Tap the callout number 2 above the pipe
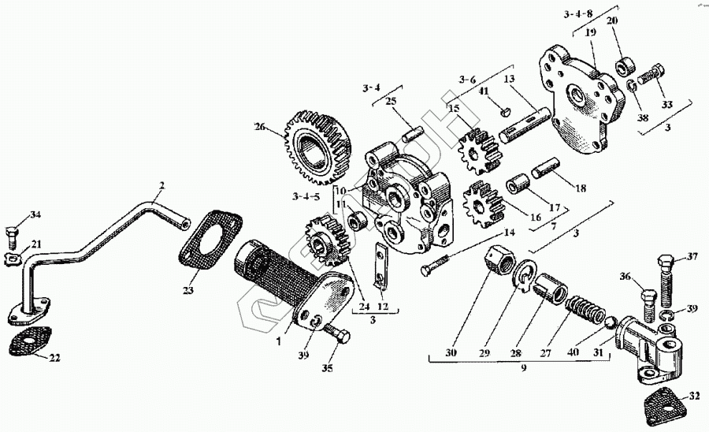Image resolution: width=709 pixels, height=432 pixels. click(x=161, y=186)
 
